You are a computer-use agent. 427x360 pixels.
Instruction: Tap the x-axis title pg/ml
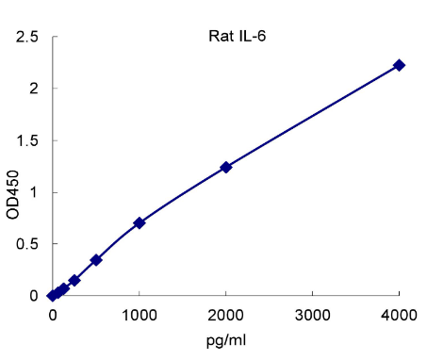coord(225,339)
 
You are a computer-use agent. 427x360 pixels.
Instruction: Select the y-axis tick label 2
coord(33,90)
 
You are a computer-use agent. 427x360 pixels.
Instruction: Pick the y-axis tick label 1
coord(33,193)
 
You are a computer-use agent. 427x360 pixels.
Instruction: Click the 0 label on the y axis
coord(33,296)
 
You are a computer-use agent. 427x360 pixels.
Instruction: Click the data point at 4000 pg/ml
coord(399,65)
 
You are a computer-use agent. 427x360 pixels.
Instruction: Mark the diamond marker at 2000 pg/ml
coord(226,167)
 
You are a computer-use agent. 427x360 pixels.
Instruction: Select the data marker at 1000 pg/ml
coord(140,222)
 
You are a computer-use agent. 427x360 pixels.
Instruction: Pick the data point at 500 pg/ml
coord(96,259)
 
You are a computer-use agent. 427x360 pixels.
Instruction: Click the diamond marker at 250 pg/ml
coord(74,280)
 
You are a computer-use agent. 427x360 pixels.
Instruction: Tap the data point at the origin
coord(53,295)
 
